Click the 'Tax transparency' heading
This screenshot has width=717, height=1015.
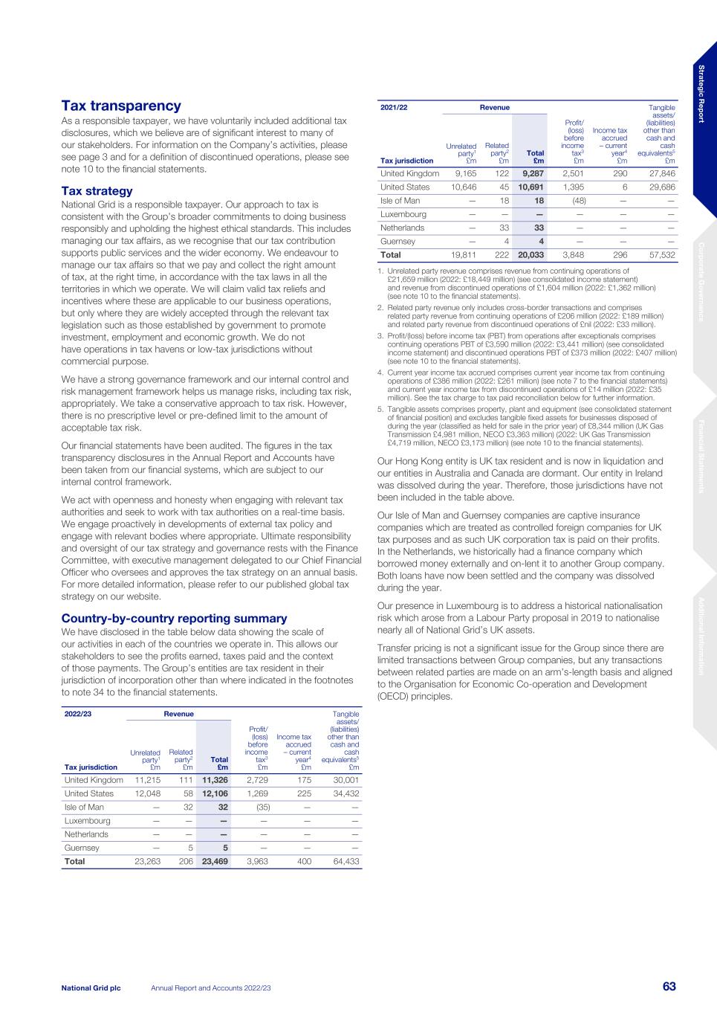pos(121,106)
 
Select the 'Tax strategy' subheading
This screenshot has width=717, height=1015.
pos(97,191)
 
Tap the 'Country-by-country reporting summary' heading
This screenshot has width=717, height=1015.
pos(174,619)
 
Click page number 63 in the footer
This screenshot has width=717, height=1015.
pos(669,987)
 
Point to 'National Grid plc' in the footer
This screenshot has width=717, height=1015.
pos(91,987)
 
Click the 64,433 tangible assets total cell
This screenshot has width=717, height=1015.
pos(345,862)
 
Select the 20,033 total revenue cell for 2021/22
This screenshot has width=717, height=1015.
pos(531,255)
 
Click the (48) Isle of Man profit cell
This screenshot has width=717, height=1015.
pos(574,201)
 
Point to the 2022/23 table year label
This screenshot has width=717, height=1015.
pos(78,714)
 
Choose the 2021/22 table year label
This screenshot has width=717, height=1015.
pos(394,107)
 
